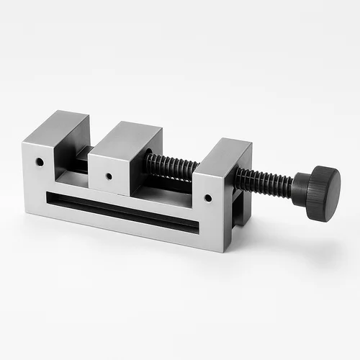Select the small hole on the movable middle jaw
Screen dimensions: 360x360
(x=109, y=175)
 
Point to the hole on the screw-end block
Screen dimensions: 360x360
(x=207, y=197)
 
